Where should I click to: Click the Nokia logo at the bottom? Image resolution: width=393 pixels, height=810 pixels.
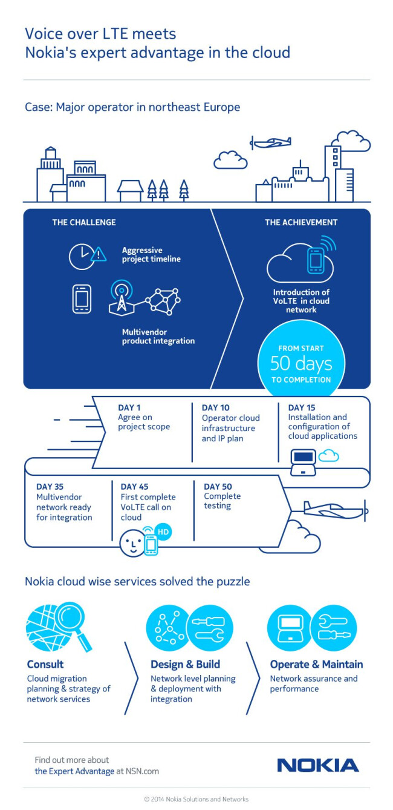317,765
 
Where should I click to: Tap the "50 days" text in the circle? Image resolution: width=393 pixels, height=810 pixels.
301,364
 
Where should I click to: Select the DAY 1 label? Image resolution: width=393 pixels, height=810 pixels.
129,407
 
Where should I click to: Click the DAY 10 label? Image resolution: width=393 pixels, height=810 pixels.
216,407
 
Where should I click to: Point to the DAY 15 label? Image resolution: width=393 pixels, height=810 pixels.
302,407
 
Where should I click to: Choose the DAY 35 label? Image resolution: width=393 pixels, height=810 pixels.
50,486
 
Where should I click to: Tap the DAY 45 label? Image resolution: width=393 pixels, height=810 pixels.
134,486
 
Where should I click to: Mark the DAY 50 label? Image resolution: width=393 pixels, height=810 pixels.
218,486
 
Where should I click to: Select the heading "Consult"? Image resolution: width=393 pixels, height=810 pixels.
45,664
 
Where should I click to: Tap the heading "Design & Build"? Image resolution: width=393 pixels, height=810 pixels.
185,664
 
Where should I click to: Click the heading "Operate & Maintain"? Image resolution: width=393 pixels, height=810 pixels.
316,664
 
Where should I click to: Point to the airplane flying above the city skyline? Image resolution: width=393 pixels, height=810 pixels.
270,143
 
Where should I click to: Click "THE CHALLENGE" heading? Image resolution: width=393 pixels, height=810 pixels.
83,222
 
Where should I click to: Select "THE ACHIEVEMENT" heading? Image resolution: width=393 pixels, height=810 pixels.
301,222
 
